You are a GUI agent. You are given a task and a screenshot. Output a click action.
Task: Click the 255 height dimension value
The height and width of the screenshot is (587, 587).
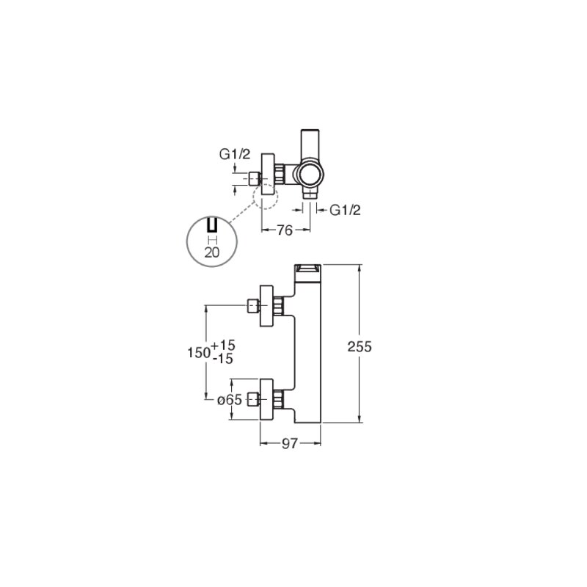click(360, 346)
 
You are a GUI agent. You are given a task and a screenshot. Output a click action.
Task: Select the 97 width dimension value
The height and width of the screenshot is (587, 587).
click(290, 444)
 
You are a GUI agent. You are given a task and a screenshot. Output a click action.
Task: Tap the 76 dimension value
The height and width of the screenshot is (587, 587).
click(285, 230)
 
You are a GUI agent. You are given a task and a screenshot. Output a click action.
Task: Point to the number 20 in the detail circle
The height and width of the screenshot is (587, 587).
click(212, 252)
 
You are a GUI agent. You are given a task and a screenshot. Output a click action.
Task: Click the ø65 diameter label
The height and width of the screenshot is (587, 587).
click(230, 400)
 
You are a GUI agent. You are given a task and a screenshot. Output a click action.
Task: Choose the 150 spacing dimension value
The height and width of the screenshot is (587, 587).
click(198, 352)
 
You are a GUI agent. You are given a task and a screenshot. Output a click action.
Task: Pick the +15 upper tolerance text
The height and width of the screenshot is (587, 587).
click(223, 345)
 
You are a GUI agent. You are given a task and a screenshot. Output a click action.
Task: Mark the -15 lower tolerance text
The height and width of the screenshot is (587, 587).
click(223, 359)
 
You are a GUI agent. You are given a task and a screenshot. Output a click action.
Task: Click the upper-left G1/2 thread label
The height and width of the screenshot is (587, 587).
click(234, 154)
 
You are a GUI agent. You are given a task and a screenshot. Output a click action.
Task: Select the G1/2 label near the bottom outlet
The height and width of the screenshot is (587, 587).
click(345, 211)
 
